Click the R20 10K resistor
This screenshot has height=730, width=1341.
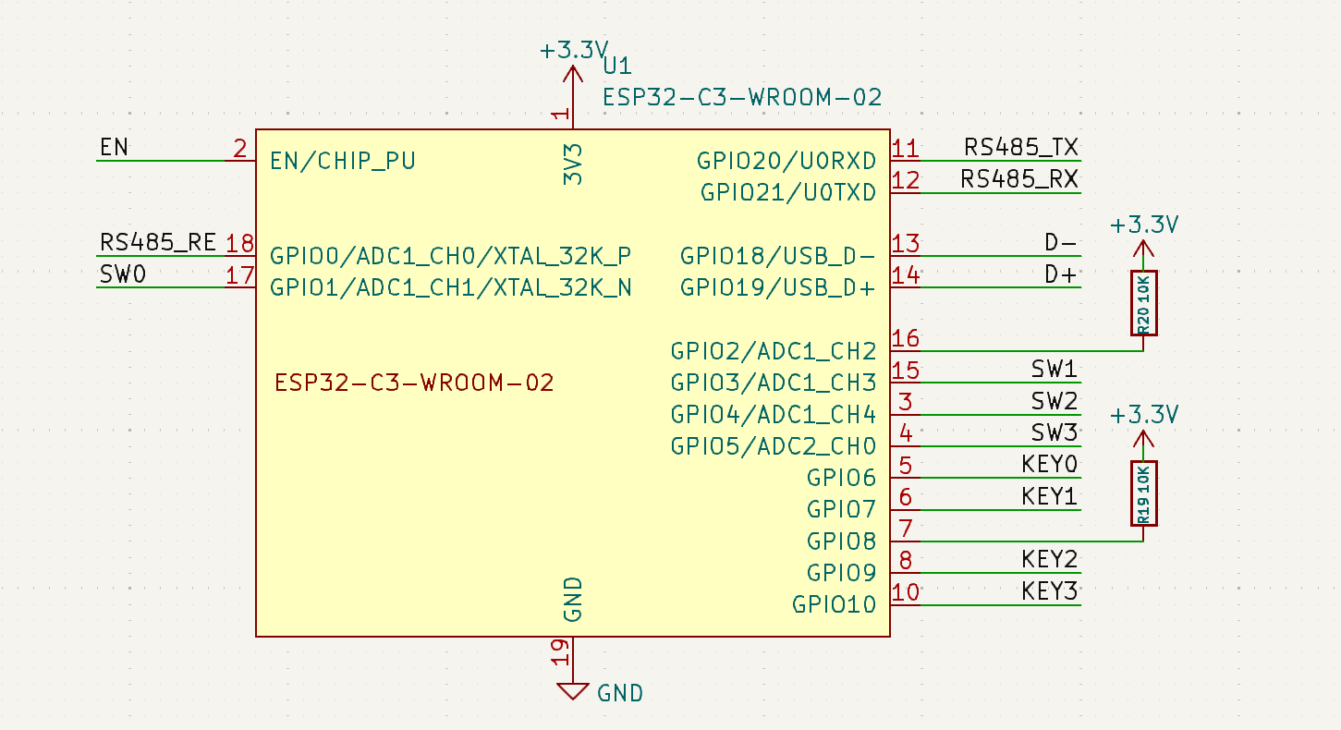coord(1143,303)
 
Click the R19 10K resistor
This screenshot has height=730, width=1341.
coord(1143,493)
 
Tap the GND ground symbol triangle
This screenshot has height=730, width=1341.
coord(572,691)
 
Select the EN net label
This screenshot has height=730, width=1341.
coord(114,147)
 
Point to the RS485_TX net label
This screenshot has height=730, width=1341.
coord(1020,147)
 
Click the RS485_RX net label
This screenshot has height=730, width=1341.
coord(1019,179)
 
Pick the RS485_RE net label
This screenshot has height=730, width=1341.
coord(157,242)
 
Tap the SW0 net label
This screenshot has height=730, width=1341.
coord(123,274)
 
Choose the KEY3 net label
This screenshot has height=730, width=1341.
coord(1050,591)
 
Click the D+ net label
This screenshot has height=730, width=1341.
coord(1060,274)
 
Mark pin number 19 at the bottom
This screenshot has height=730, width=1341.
coord(559,652)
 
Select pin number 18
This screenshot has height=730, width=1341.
coord(240,244)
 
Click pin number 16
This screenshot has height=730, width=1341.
coord(905,339)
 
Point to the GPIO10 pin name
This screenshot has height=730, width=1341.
coord(834,604)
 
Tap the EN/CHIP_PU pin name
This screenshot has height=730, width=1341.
coord(343,161)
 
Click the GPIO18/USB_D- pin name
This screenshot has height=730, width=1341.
coord(777,256)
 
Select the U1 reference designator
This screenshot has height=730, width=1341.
coord(617,66)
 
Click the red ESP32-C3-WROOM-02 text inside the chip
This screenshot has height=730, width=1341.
coord(414,383)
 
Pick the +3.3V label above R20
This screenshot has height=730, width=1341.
coord(1144,225)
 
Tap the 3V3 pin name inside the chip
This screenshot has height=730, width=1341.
coord(573,164)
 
